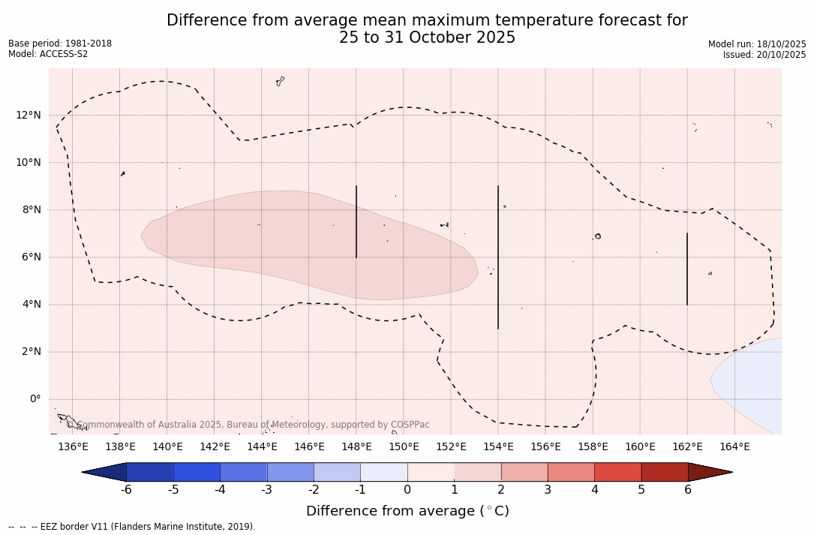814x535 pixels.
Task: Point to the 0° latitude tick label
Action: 35,399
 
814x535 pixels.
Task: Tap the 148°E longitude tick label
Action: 356,447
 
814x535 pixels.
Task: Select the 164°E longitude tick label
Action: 734,447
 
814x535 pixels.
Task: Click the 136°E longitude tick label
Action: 73,447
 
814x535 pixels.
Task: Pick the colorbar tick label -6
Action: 126,490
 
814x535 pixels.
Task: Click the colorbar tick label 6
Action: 688,490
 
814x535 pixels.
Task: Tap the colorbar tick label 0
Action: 407,490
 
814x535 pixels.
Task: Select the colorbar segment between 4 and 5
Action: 617,472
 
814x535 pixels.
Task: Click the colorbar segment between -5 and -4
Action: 197,472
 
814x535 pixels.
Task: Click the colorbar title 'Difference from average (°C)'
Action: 407,511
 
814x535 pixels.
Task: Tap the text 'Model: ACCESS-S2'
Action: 48,54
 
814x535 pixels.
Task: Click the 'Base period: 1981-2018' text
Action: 60,44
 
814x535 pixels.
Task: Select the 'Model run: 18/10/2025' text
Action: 757,44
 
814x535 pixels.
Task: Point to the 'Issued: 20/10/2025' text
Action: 764,55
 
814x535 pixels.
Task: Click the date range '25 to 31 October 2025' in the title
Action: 427,38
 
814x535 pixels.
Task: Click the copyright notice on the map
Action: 248,425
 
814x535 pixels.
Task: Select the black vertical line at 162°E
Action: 687,269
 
